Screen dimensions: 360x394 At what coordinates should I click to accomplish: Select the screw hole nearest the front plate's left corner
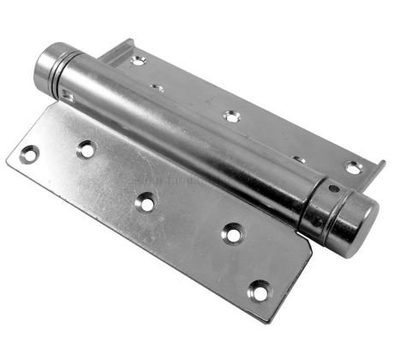coord(29,155)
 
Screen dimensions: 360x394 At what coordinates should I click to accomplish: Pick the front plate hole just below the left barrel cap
coord(86,149)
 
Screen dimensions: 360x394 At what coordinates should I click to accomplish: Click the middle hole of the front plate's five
coord(146,202)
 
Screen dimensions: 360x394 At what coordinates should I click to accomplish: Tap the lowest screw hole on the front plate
coord(258,291)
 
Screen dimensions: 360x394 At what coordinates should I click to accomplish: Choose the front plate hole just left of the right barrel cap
coord(231,232)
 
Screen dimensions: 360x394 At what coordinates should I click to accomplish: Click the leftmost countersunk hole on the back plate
coord(138,61)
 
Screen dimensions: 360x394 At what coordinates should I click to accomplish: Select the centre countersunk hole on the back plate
coord(230,116)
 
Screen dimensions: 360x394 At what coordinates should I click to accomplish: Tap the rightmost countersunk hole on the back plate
coord(352,167)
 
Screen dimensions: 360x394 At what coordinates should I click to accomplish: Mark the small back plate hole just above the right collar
coord(298,159)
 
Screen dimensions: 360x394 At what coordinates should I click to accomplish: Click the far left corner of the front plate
coord(9,159)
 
